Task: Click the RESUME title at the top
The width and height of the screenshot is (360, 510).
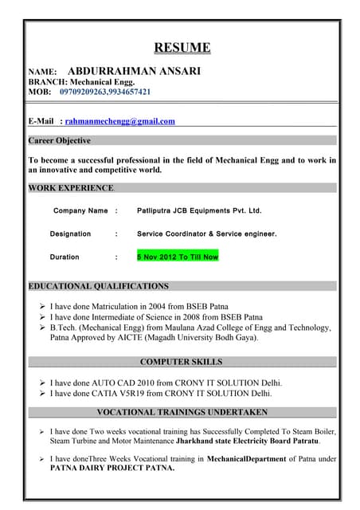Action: click(x=182, y=48)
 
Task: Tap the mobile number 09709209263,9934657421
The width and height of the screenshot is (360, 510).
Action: click(x=105, y=92)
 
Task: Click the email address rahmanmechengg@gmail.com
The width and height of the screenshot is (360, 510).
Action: click(x=119, y=121)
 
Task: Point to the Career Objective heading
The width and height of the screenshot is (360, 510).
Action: click(x=60, y=140)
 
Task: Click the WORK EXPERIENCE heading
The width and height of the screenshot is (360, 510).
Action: click(x=71, y=188)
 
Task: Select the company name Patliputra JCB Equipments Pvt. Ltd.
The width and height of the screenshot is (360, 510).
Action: click(x=199, y=211)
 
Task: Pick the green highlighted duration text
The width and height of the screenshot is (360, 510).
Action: click(x=177, y=257)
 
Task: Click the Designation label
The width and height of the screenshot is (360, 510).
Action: click(x=70, y=234)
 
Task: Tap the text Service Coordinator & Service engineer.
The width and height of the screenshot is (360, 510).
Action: click(x=207, y=234)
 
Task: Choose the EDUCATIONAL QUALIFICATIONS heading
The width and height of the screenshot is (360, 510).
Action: click(x=98, y=285)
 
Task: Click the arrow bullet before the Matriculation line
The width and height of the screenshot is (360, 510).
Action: click(x=41, y=305)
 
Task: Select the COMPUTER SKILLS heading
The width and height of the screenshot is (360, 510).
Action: click(x=182, y=362)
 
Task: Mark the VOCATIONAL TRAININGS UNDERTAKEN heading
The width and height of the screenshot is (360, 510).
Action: click(x=182, y=412)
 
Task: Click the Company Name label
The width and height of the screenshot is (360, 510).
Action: click(x=80, y=211)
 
